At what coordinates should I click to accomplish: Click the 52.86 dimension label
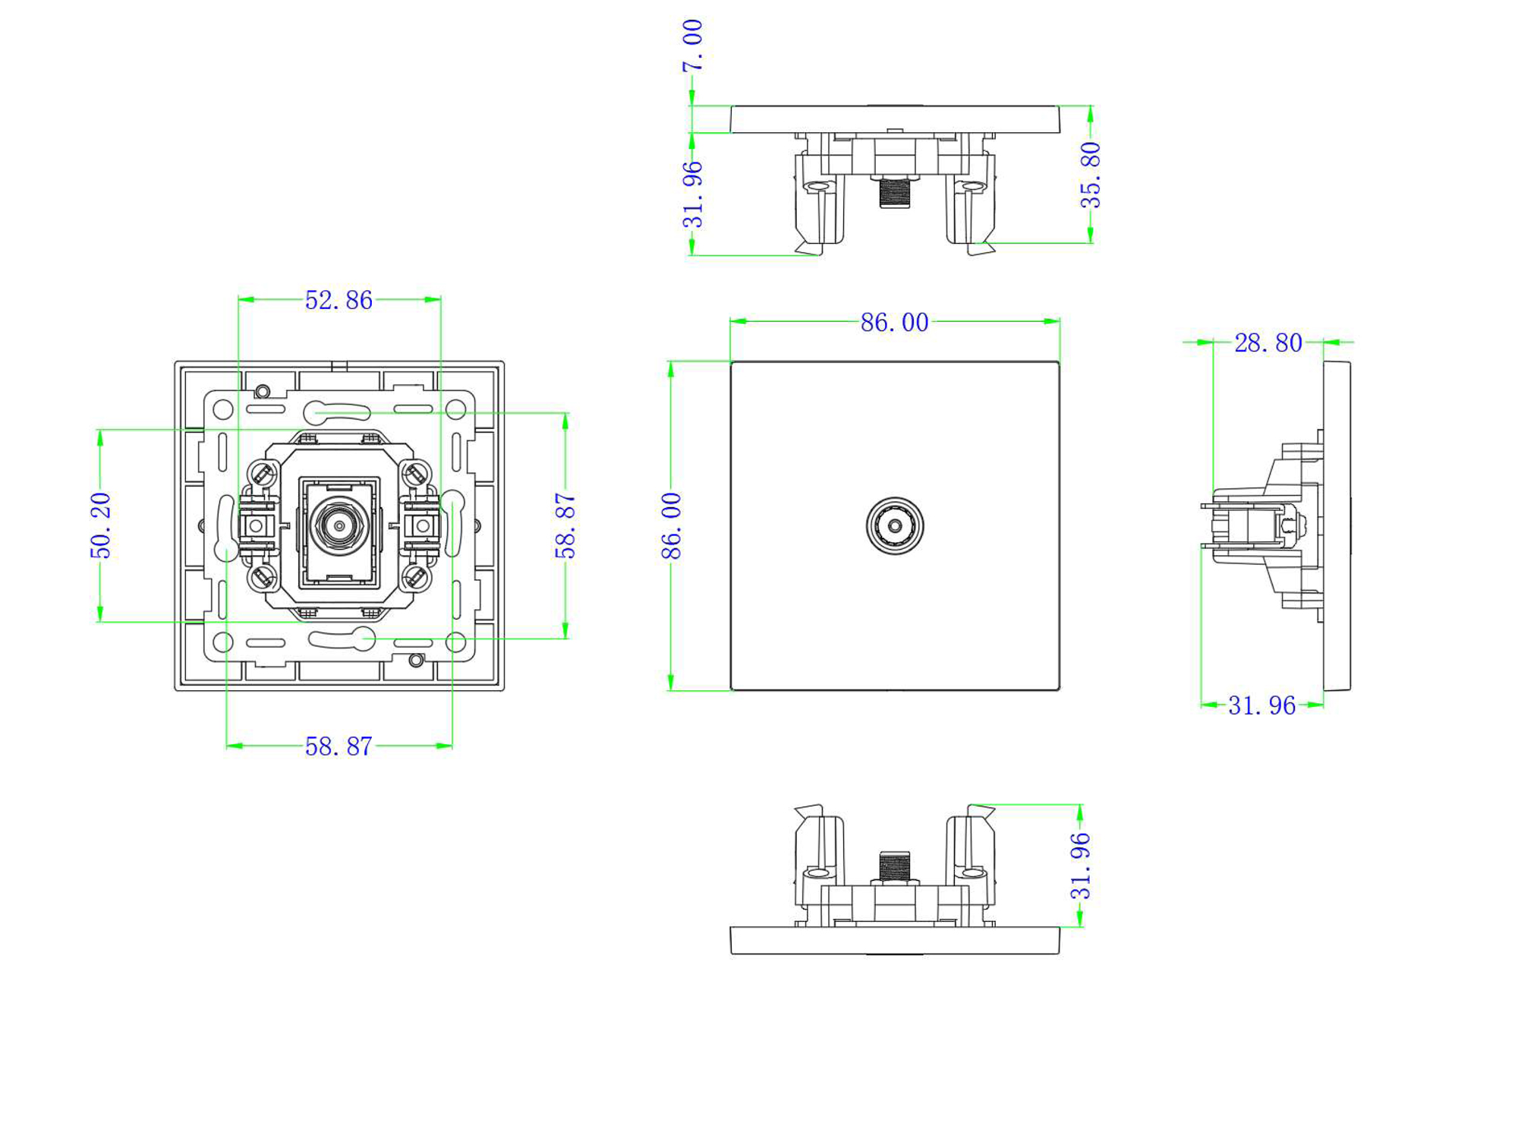[x=339, y=300]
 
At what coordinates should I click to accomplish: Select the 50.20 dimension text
[x=101, y=525]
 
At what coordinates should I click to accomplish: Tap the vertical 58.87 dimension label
[x=565, y=525]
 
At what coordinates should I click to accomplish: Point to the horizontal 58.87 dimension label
[x=339, y=746]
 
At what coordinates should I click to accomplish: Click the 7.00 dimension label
[x=692, y=46]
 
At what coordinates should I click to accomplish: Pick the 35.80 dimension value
[x=1091, y=175]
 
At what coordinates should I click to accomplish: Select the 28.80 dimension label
[x=1268, y=343]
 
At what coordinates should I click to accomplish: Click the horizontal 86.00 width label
[x=894, y=323]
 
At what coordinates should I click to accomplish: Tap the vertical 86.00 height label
[x=672, y=525]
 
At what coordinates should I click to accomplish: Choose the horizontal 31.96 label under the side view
[x=1261, y=706]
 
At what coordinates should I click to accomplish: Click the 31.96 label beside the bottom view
[x=1080, y=866]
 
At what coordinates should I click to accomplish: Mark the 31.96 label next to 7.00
[x=692, y=195]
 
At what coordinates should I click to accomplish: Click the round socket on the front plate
[x=895, y=525]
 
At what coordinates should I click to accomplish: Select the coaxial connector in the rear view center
[x=339, y=525]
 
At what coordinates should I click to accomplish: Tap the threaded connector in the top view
[x=895, y=193]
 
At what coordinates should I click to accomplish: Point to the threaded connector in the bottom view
[x=895, y=866]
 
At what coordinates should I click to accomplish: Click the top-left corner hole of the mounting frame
[x=223, y=410]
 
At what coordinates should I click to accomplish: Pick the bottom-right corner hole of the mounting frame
[x=455, y=642]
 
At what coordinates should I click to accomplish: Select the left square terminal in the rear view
[x=257, y=525]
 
